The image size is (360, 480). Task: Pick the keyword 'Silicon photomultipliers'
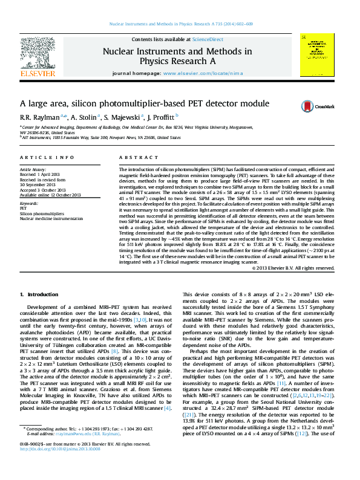coord(42,214)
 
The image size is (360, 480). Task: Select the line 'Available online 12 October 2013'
coord(50,195)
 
